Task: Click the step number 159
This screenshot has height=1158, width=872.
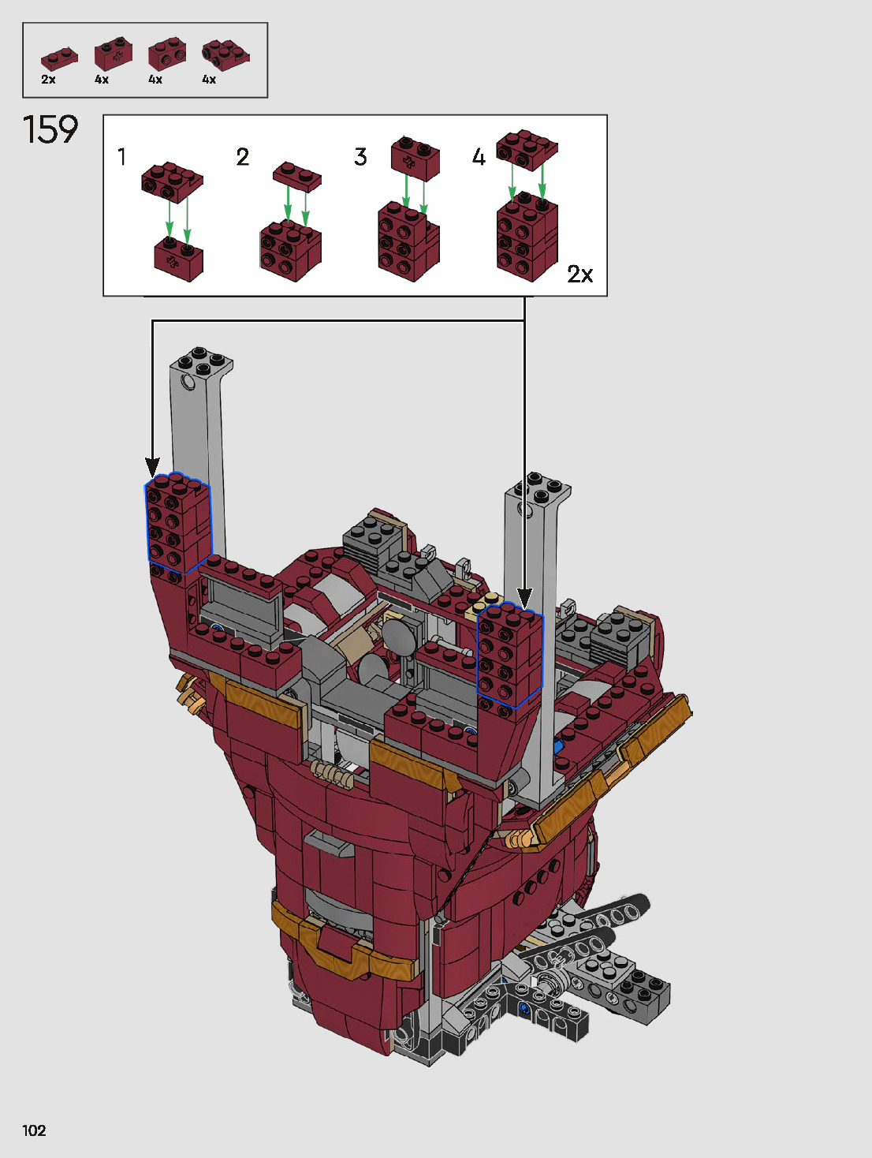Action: pos(50,129)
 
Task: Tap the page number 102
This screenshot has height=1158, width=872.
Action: pos(34,1130)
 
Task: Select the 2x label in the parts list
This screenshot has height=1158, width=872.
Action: pos(48,80)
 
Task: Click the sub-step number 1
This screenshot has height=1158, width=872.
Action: pos(121,157)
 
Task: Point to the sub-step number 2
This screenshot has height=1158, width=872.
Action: pos(243,157)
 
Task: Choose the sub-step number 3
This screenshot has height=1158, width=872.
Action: pos(360,157)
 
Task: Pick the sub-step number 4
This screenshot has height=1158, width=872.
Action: pos(479,157)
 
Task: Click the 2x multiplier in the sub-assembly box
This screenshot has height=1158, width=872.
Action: pos(580,274)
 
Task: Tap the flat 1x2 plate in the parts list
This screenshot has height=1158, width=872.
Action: pos(59,59)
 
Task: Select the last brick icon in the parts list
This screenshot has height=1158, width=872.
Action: pos(225,55)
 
